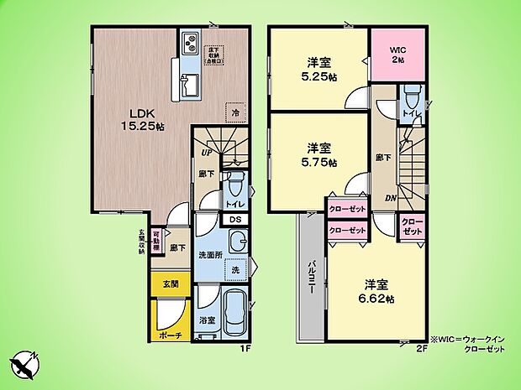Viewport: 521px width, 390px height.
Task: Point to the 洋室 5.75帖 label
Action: point(318,155)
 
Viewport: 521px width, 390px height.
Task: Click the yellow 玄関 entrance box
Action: point(171,284)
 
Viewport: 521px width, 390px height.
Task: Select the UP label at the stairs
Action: point(205,153)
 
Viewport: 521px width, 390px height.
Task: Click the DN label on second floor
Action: point(390,197)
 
